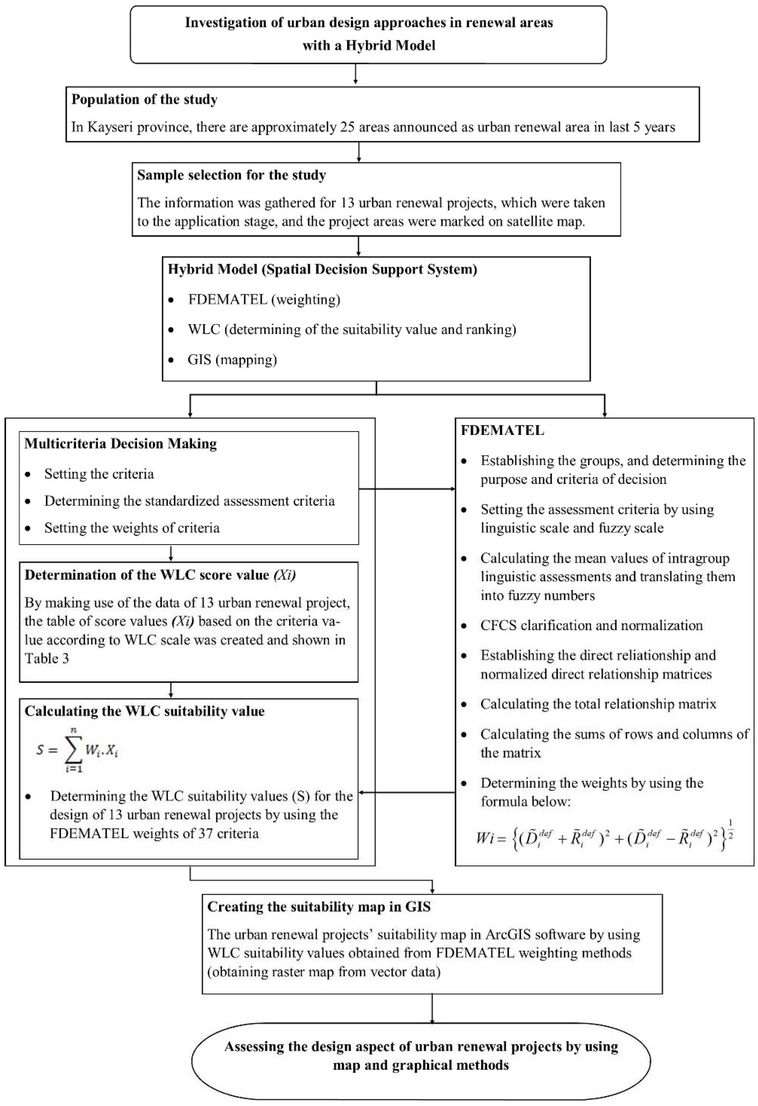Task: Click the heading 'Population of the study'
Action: pyautogui.click(x=145, y=99)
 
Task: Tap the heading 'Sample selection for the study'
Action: pyautogui.click(x=232, y=175)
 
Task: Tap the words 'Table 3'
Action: pyautogui.click(x=47, y=658)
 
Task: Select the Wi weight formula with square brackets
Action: pyautogui.click(x=604, y=838)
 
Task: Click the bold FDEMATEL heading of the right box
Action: pyautogui.click(x=502, y=430)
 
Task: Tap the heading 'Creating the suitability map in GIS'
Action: pyautogui.click(x=319, y=907)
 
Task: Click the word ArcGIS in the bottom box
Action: pyautogui.click(x=508, y=934)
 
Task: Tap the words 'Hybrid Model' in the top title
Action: pyautogui.click(x=390, y=45)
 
